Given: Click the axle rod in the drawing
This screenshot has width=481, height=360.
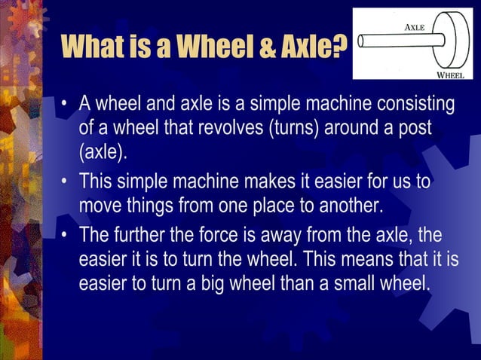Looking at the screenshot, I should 392,41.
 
